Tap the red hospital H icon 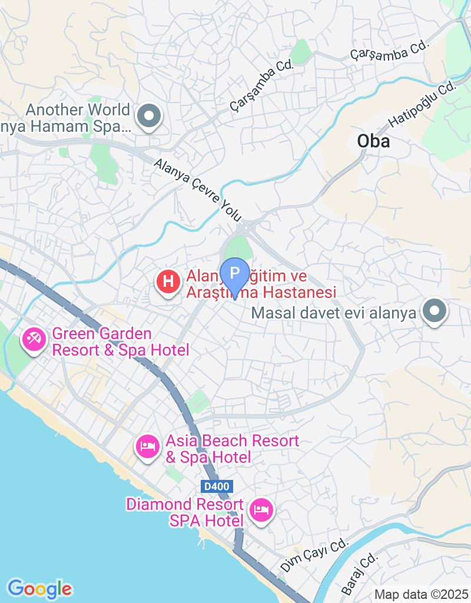click(x=168, y=281)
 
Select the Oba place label click(x=373, y=141)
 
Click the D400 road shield click(x=217, y=486)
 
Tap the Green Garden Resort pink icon click(x=33, y=339)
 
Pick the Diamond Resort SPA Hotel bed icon click(x=260, y=510)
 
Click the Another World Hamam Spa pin click(x=148, y=115)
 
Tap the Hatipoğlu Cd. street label click(x=423, y=104)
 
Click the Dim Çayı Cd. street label click(x=314, y=555)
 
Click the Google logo click(x=39, y=588)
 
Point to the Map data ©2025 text click(x=421, y=595)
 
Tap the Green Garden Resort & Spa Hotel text click(x=120, y=342)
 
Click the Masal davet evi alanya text click(x=333, y=313)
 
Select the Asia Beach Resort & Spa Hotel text click(x=232, y=449)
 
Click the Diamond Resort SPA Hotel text click(x=185, y=512)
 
